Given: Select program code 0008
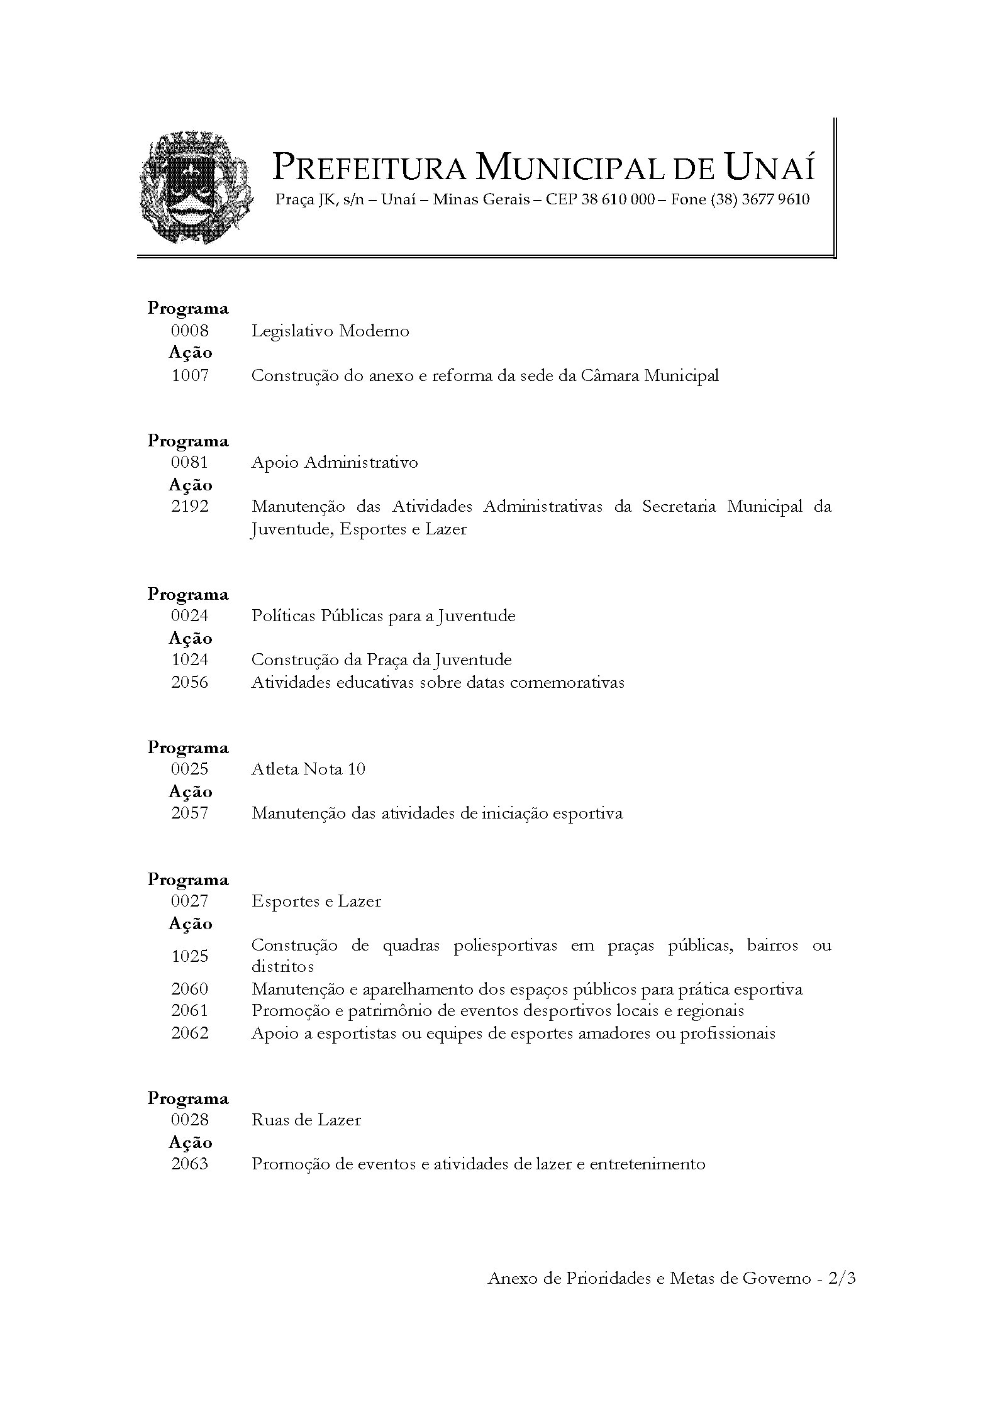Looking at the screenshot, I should [x=189, y=331].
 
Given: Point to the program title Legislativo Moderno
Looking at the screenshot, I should [x=330, y=331].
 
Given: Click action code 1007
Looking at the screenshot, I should [x=189, y=375].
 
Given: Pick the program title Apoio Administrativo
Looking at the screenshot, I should [x=335, y=463].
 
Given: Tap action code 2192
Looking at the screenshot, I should [x=189, y=506].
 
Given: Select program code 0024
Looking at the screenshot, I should [x=189, y=615].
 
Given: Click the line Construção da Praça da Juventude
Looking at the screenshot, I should [x=381, y=659].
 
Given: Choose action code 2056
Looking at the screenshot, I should [x=189, y=682].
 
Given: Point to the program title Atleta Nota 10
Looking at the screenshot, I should [x=308, y=769].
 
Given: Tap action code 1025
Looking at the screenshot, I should [x=189, y=956].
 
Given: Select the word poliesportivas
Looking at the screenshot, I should [x=505, y=946].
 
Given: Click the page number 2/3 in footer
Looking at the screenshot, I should [x=842, y=1278].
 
